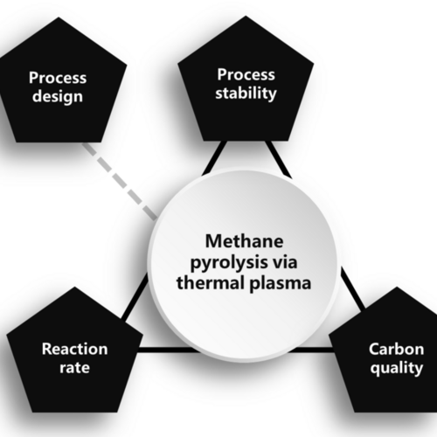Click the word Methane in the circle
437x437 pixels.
244,241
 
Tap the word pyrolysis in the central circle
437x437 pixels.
225,263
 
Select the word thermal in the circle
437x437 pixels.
211,283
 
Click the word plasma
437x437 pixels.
281,283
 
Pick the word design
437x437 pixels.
58,96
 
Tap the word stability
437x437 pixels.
246,94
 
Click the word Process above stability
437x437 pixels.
246,74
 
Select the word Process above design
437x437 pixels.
58,78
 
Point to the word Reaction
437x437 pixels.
75,349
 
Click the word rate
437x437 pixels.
75,368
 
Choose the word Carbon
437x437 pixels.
396,349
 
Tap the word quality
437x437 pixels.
397,368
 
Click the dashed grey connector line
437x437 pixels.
120,181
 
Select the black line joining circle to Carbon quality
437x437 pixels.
352,289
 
